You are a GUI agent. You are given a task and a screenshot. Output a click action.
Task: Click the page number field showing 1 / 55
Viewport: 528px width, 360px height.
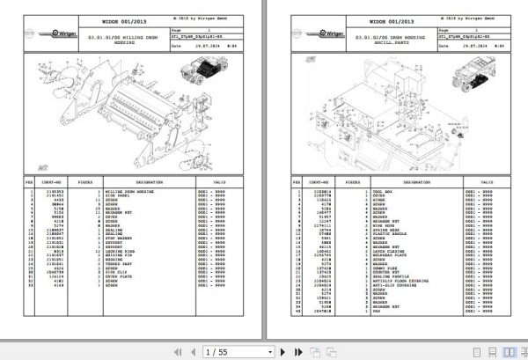[x=216, y=351]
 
